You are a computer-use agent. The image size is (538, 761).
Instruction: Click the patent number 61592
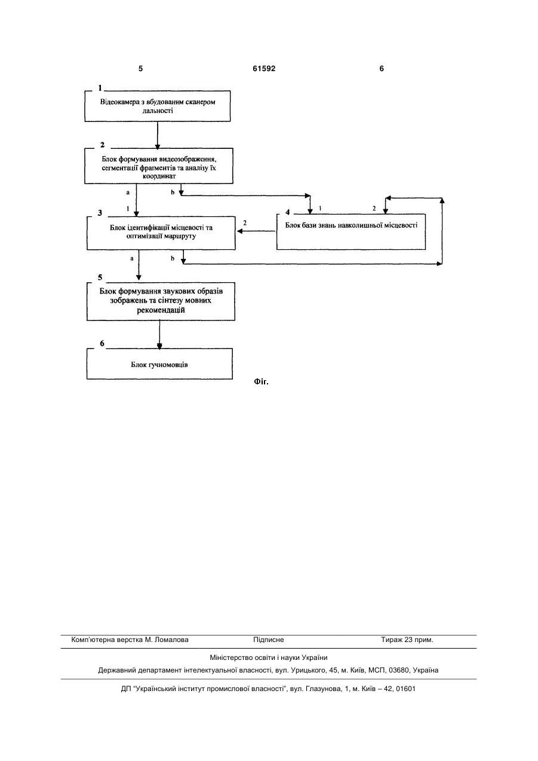(x=264, y=69)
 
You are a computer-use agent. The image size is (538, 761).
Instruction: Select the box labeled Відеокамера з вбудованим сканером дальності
(x=158, y=106)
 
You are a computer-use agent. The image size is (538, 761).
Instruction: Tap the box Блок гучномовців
(x=159, y=363)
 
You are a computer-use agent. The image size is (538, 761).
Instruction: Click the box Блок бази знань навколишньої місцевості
(x=351, y=232)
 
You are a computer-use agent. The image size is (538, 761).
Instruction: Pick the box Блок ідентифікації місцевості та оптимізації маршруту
(x=161, y=233)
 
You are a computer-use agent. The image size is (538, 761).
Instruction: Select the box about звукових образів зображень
(x=161, y=301)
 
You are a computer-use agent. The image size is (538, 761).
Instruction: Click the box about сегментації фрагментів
(x=159, y=166)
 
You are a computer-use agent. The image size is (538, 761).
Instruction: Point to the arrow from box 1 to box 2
(x=158, y=135)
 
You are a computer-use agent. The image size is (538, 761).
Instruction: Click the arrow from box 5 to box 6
(x=159, y=335)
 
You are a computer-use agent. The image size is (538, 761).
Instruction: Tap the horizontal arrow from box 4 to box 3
(x=256, y=231)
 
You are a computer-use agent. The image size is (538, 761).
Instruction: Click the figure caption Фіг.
(x=261, y=382)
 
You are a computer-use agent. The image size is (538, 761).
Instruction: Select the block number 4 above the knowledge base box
(x=287, y=212)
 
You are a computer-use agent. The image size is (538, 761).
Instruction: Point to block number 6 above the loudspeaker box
(x=102, y=344)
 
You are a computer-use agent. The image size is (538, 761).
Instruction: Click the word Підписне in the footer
(x=269, y=640)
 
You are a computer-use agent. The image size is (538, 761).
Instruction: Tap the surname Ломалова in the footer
(x=171, y=640)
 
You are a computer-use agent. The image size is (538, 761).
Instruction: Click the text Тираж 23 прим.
(x=407, y=640)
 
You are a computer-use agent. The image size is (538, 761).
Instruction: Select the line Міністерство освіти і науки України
(x=269, y=658)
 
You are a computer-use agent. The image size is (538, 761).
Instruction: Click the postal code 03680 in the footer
(x=398, y=670)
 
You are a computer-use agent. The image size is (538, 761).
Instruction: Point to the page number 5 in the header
(x=140, y=69)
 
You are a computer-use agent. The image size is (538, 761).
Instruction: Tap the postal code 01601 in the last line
(x=405, y=689)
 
